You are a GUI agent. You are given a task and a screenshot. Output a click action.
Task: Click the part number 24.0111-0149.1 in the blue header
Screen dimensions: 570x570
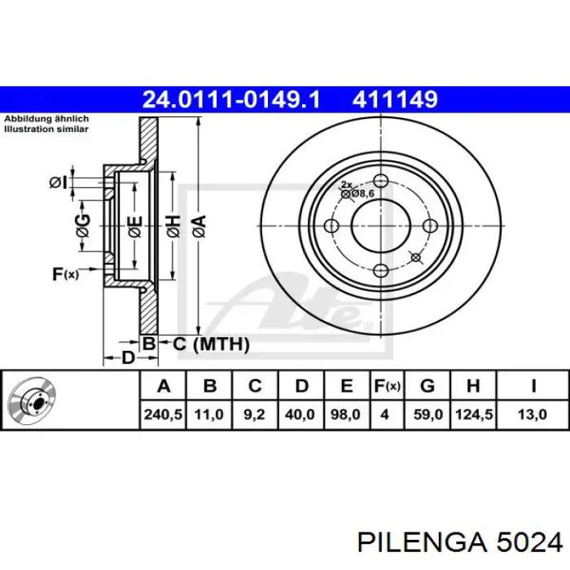[231, 99]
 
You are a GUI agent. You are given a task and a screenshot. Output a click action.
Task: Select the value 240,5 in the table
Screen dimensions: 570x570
[163, 414]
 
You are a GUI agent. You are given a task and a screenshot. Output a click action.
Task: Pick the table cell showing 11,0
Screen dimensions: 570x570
[208, 414]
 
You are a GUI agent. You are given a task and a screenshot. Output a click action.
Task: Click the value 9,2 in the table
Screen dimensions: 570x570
[255, 414]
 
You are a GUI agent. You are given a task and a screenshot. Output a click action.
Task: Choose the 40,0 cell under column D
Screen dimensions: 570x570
[300, 414]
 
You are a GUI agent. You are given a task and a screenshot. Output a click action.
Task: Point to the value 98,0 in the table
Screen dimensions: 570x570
[346, 414]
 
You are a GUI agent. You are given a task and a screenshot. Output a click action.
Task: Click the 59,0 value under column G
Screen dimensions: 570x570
[428, 414]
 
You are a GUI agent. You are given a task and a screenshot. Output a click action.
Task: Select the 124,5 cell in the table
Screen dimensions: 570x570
[474, 414]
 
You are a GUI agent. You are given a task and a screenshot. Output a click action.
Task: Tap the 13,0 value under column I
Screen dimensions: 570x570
[533, 414]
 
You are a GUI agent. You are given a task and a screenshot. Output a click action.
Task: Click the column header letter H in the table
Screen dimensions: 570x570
[474, 385]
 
